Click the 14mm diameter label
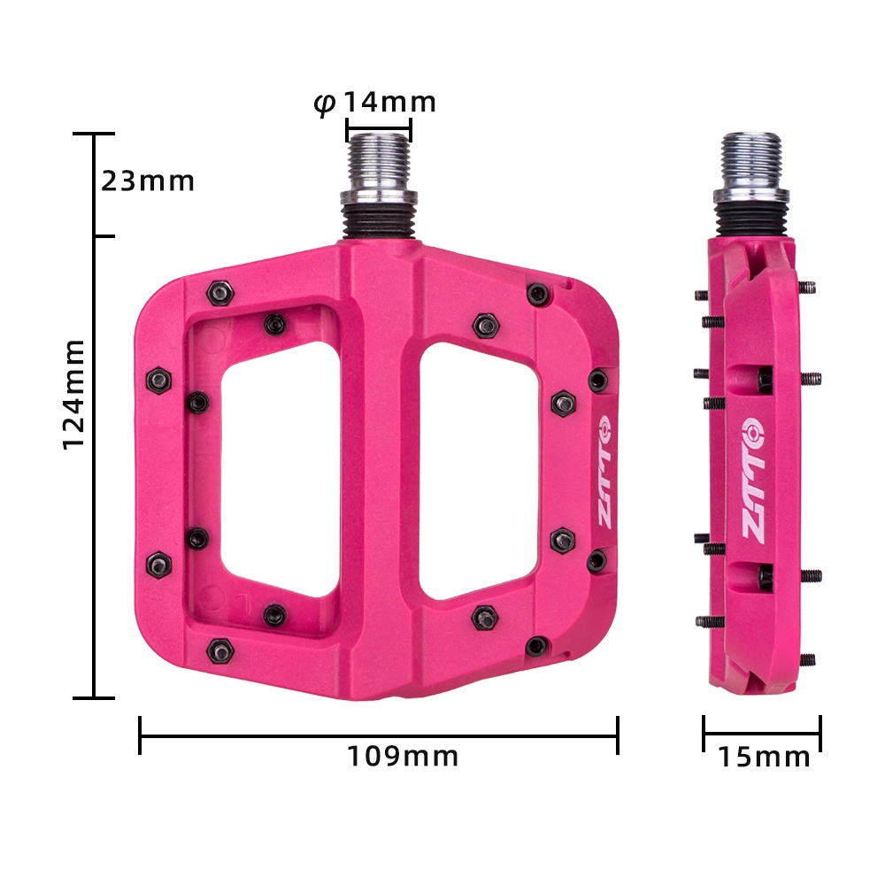click(x=389, y=103)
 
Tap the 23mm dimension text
click(x=147, y=181)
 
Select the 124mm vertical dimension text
click(x=76, y=393)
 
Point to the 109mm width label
click(x=403, y=757)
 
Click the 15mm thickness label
click(x=764, y=758)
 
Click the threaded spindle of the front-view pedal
click(x=378, y=164)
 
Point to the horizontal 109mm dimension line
click(x=378, y=735)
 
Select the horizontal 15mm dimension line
click(x=762, y=734)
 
